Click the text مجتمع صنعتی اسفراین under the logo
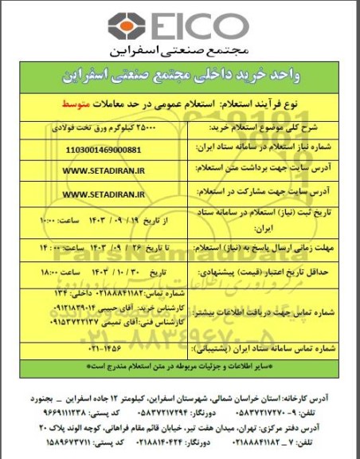(180, 53)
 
